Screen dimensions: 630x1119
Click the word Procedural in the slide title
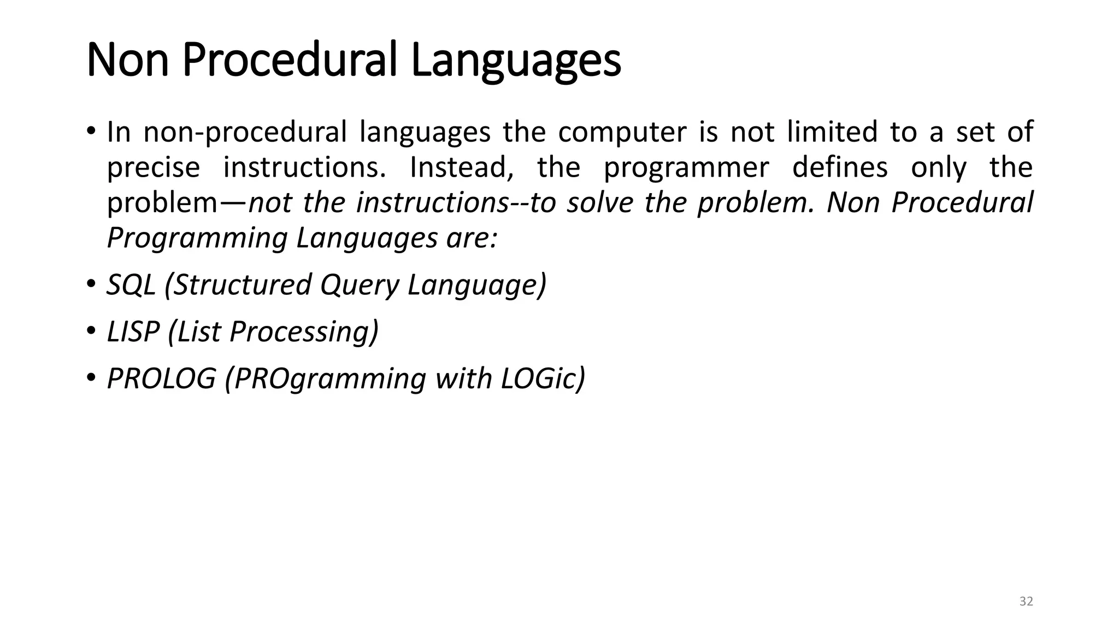pos(289,60)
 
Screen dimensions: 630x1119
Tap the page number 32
pos(1026,602)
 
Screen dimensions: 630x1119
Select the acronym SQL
pos(131,285)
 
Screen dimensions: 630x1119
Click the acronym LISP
pos(133,331)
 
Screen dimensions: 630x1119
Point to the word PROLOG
pos(162,378)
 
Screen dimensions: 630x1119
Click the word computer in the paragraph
pos(622,132)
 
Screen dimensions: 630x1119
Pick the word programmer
pos(686,167)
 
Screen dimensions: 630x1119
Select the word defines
pos(840,167)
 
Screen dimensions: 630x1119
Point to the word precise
pos(154,167)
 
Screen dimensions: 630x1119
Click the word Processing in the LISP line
pos(304,331)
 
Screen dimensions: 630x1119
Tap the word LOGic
pos(543,378)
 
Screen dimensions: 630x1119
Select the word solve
pos(600,203)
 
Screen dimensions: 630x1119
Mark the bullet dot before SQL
pos(91,284)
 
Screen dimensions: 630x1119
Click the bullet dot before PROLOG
pos(91,377)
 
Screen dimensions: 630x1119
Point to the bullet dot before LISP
pos(91,330)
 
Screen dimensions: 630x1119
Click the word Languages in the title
pos(516,60)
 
